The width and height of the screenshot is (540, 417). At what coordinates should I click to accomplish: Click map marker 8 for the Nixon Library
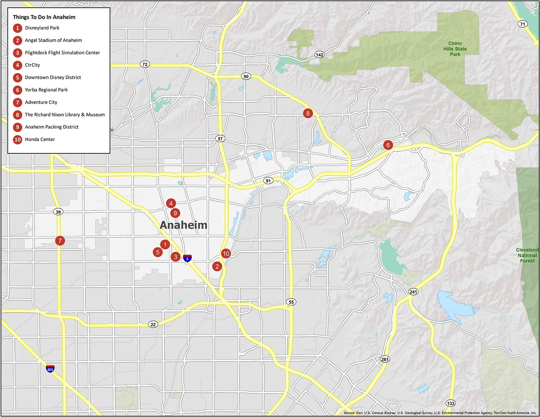pos(307,113)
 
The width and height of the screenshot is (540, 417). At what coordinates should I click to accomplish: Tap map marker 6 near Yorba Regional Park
pos(388,145)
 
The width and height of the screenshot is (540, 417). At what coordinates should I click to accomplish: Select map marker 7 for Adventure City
pos(60,241)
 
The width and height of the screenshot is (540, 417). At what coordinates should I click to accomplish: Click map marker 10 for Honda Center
pos(226,253)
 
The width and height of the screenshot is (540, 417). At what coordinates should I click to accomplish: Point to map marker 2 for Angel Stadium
pos(217,266)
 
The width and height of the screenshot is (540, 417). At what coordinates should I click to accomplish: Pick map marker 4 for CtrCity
pos(171,203)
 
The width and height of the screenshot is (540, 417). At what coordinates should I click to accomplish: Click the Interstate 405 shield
pos(50,369)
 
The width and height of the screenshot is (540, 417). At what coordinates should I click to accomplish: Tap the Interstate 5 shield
pos(187,258)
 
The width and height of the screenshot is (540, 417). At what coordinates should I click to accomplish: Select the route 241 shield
pos(413,292)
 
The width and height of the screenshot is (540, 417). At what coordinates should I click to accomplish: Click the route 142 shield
pos(319,55)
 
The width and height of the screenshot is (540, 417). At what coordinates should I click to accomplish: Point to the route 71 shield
pos(522,24)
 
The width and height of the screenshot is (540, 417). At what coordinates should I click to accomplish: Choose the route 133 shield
pos(450,403)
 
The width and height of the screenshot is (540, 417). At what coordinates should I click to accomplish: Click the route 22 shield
pos(153,325)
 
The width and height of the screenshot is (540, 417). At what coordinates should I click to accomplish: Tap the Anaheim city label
pos(184,225)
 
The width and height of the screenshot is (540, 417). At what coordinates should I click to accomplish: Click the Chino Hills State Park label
pos(455,49)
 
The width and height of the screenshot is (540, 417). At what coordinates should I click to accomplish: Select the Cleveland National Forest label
pos(527,255)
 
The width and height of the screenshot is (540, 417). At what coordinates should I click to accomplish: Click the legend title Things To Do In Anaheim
pos(44,17)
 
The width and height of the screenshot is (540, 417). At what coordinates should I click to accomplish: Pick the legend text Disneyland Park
pos(42,28)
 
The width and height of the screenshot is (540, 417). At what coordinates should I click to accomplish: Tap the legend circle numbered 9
pos(17,127)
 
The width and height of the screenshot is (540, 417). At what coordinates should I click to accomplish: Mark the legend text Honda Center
pos(40,139)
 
